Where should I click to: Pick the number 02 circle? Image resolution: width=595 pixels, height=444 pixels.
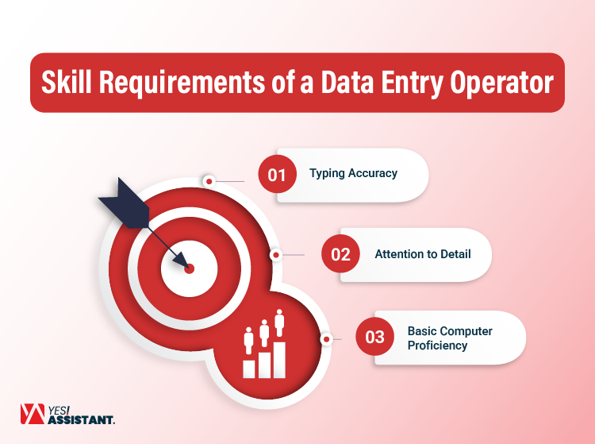pyautogui.click(x=340, y=254)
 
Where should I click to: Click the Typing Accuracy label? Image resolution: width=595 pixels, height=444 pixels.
pyautogui.click(x=353, y=173)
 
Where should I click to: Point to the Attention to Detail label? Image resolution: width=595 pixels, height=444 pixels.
pyautogui.click(x=423, y=254)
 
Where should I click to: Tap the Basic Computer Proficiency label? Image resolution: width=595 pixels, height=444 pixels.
pyautogui.click(x=450, y=338)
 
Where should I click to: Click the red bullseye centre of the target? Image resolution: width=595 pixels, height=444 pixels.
pyautogui.click(x=190, y=268)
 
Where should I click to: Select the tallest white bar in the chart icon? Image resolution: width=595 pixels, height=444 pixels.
pyautogui.click(x=278, y=359)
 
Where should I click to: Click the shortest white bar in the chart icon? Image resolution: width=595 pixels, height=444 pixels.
pyautogui.click(x=249, y=368)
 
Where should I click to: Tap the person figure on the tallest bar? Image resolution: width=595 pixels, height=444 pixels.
pyautogui.click(x=278, y=322)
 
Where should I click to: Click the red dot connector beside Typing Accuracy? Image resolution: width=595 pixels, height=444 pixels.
pyautogui.click(x=209, y=181)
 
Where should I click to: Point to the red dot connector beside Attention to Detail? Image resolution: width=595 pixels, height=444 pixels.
pyautogui.click(x=275, y=255)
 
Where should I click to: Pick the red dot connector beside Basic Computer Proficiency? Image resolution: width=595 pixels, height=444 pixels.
pyautogui.click(x=325, y=338)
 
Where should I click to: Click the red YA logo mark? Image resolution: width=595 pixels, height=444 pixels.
pyautogui.click(x=33, y=414)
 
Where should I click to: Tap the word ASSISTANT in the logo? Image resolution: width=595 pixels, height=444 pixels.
pyautogui.click(x=81, y=419)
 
